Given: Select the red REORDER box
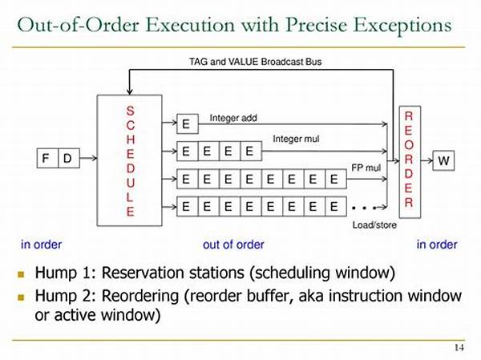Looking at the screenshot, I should (x=408, y=160).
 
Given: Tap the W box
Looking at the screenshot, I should (x=443, y=161).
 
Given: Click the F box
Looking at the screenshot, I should (x=47, y=159).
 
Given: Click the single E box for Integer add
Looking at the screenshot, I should (x=186, y=124).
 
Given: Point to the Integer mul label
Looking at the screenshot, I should (x=296, y=140).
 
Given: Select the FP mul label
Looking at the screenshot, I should (x=367, y=168).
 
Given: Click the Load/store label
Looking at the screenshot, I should (x=374, y=225).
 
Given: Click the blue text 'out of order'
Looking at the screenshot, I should (x=232, y=245).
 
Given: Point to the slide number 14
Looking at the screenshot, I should (x=459, y=346).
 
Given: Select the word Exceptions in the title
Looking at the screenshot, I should (x=406, y=25).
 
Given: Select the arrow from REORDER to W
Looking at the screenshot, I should (x=426, y=161).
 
